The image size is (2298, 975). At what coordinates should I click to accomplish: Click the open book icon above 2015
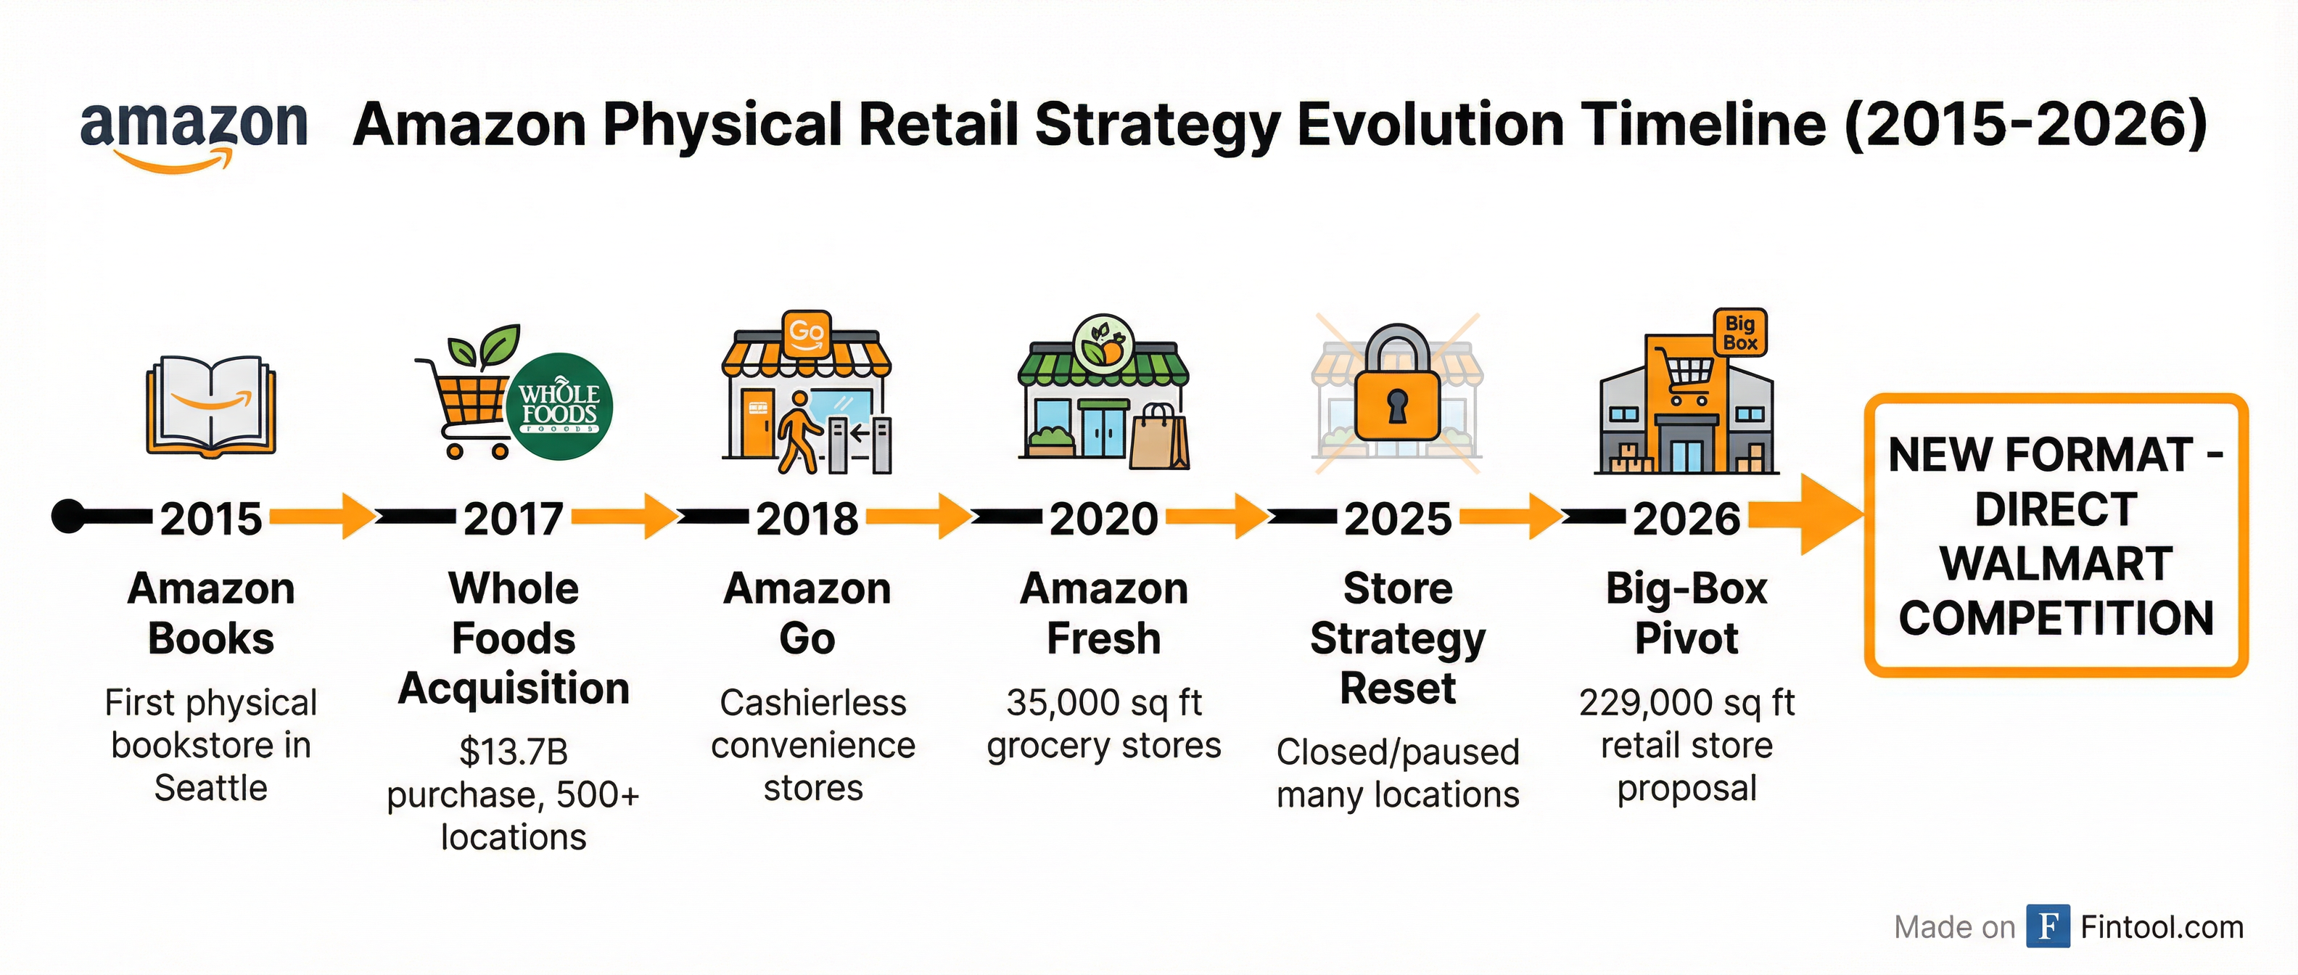pyautogui.click(x=211, y=406)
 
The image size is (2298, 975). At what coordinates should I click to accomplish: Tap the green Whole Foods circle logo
pyautogui.click(x=559, y=406)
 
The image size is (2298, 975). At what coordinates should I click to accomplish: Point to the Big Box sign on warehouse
pyautogui.click(x=1739, y=333)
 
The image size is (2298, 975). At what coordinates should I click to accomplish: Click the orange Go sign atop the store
pyautogui.click(x=806, y=334)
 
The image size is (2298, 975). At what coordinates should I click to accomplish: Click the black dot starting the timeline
pyautogui.click(x=67, y=517)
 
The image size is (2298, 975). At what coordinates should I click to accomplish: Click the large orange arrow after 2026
pyautogui.click(x=1811, y=515)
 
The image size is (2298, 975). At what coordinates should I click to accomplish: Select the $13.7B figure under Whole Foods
pyautogui.click(x=513, y=752)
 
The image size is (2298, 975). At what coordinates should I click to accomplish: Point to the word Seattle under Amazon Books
pyautogui.click(x=210, y=788)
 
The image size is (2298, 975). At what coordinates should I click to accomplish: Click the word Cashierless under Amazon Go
pyautogui.click(x=812, y=703)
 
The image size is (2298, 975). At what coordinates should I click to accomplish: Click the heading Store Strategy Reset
pyautogui.click(x=1397, y=638)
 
